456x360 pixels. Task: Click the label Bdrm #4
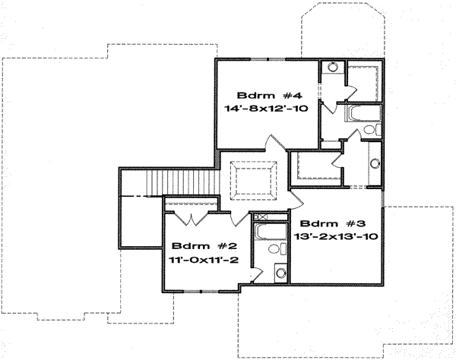click(270, 95)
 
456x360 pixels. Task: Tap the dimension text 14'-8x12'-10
click(266, 109)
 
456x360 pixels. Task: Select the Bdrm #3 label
click(332, 223)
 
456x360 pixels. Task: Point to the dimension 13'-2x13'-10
click(336, 236)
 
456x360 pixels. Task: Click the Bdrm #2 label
click(204, 246)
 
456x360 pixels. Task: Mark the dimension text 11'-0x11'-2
click(204, 259)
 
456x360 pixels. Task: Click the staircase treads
click(182, 182)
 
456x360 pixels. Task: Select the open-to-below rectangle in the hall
click(253, 180)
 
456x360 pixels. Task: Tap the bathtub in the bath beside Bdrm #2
click(270, 232)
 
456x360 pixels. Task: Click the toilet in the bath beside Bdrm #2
click(277, 248)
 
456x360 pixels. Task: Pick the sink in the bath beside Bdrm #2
click(280, 273)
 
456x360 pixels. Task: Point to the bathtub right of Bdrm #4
click(363, 113)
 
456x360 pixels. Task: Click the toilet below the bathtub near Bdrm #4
click(372, 129)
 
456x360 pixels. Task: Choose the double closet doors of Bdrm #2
click(191, 218)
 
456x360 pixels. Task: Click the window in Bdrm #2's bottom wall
click(201, 291)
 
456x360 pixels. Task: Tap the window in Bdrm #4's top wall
click(268, 59)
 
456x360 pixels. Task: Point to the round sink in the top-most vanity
click(332, 67)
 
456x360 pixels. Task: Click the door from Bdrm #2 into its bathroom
click(257, 275)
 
